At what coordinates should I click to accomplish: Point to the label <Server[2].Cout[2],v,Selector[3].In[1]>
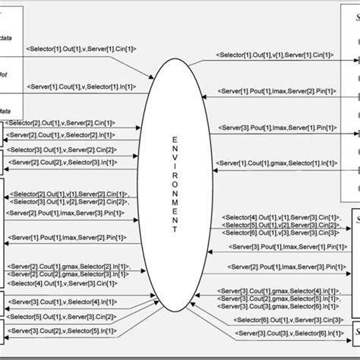[x=61, y=162]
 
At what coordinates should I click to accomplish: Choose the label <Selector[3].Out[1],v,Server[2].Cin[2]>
[x=60, y=149]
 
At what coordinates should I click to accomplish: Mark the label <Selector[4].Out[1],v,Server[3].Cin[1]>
[x=61, y=283]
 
